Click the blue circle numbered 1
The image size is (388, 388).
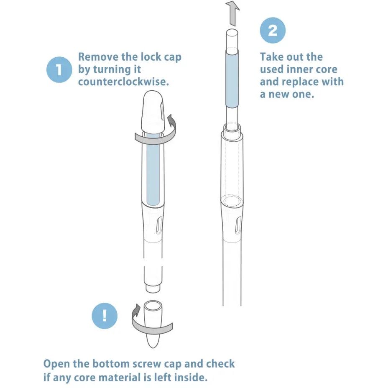coord(59,69)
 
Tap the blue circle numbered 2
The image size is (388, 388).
coord(273,30)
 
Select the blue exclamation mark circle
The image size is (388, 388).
coord(105,316)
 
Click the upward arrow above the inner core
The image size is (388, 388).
coord(233,13)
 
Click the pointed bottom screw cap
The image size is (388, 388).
coord(153,324)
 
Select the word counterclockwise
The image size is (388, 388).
coord(123,82)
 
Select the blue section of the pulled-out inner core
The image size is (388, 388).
coord(232,79)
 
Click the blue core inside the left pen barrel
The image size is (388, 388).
coord(153,169)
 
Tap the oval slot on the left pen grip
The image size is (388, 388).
coord(159,225)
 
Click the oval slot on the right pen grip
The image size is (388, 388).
coord(238,225)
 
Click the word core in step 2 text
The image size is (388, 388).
coord(328,69)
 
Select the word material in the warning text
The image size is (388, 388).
coord(119,378)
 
